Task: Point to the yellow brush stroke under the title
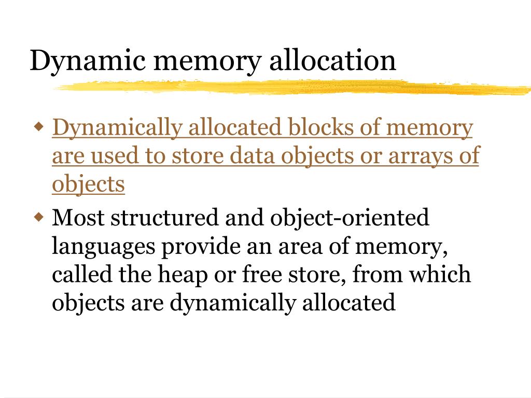point(290,88)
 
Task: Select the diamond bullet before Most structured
point(38,216)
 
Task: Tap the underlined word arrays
point(420,156)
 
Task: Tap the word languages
point(104,247)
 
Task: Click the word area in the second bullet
point(303,247)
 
